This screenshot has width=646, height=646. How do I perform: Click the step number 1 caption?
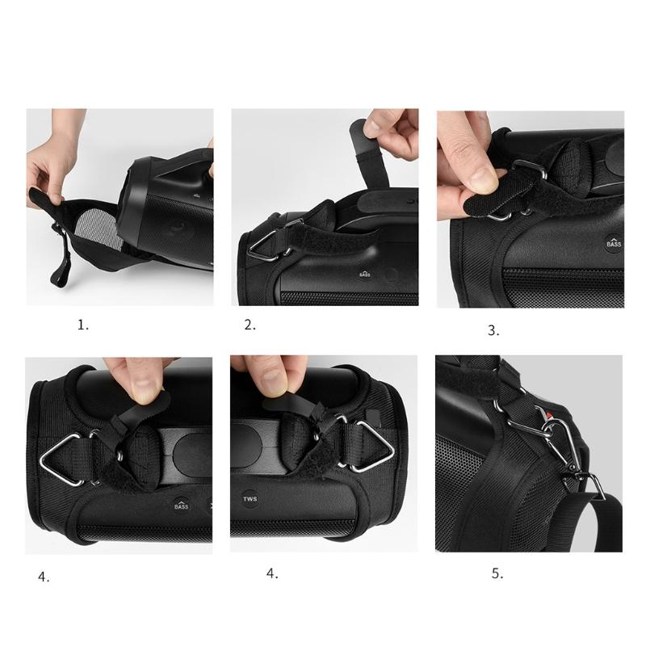point(82,325)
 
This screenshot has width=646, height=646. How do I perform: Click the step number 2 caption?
point(250,325)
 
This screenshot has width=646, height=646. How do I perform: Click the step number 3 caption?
point(493,329)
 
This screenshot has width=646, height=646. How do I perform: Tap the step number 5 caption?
point(497,574)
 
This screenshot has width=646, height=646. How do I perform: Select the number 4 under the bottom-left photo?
point(43,577)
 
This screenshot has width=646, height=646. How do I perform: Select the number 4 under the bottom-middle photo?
point(272,574)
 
